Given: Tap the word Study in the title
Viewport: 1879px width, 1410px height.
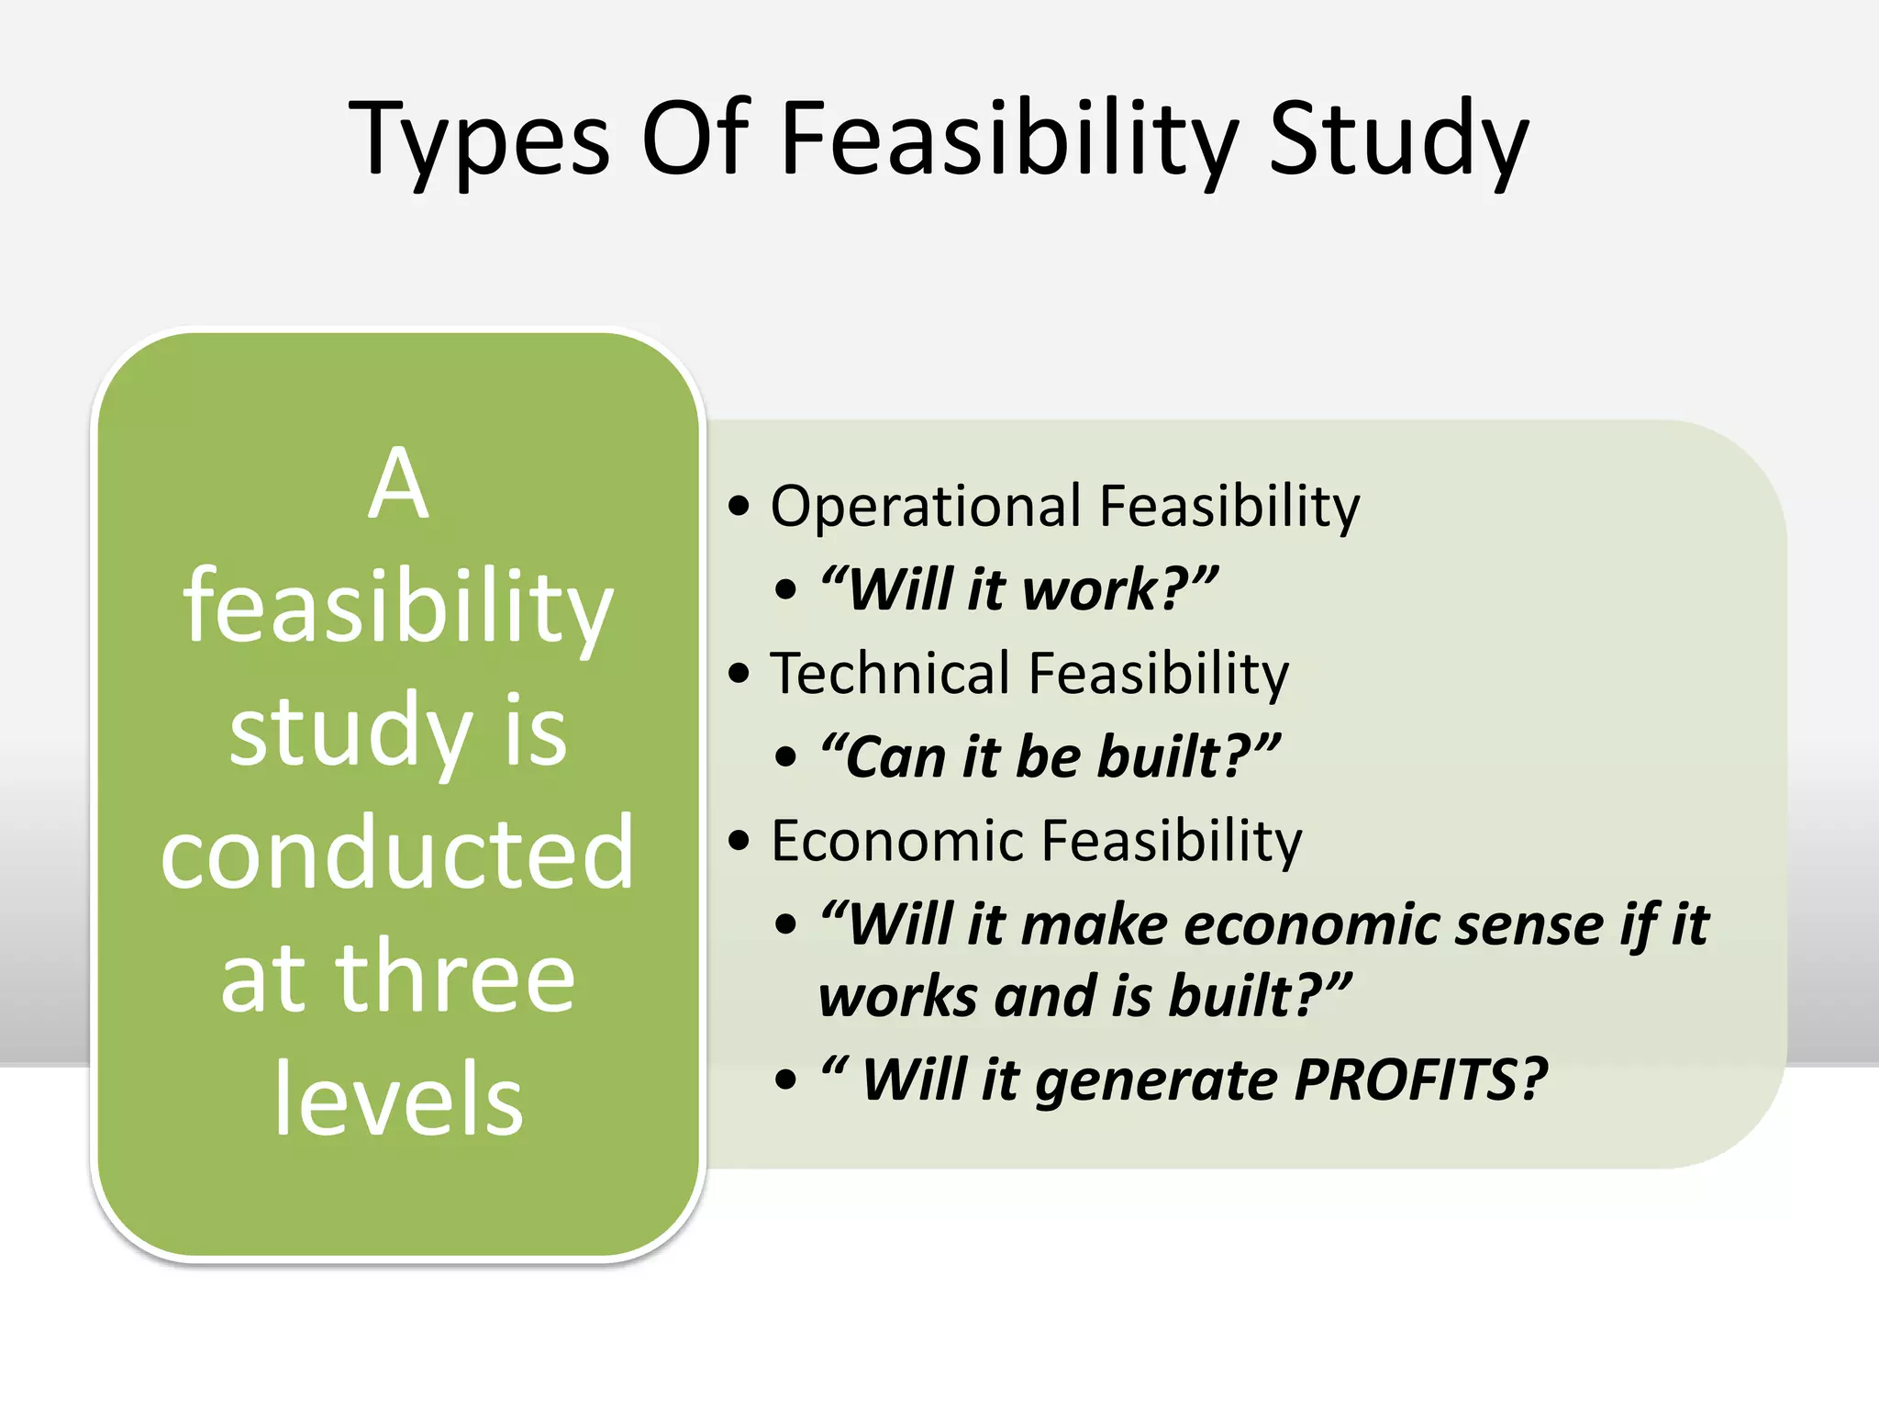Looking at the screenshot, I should tap(1398, 140).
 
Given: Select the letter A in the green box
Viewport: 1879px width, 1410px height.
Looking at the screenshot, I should tap(398, 484).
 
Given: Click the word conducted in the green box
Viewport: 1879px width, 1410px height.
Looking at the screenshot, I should tap(397, 854).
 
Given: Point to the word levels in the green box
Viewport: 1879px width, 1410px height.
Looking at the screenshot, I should tap(398, 1099).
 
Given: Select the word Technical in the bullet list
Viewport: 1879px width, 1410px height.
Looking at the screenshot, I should tap(890, 674).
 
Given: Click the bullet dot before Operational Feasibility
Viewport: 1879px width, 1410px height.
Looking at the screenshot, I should tap(739, 507).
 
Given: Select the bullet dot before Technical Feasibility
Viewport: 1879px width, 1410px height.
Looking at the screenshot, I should tap(739, 674).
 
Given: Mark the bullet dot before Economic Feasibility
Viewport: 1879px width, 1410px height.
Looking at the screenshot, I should tap(739, 841).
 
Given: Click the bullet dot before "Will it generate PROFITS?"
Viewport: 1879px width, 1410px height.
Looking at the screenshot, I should tap(785, 1080).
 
